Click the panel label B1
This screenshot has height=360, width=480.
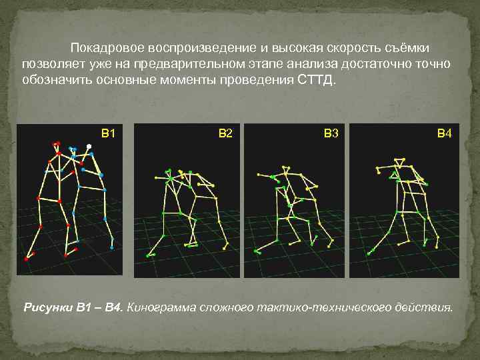click(x=108, y=133)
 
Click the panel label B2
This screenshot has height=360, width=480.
click(x=225, y=133)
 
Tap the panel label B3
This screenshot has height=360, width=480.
click(x=331, y=133)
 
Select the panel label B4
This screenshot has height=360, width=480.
click(x=445, y=133)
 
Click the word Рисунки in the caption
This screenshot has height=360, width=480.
click(x=47, y=308)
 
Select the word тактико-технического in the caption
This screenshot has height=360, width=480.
click(x=313, y=308)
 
